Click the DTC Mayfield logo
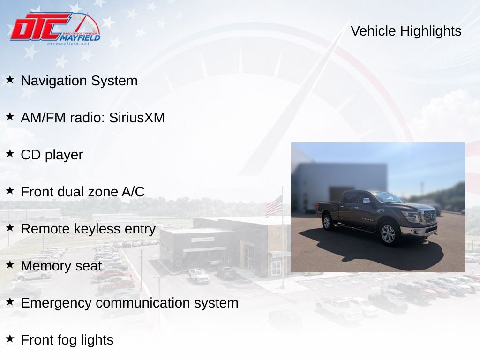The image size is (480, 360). [x=55, y=28]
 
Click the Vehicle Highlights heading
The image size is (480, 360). [x=406, y=31]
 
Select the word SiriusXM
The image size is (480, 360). [x=137, y=118]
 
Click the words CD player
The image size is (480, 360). [x=52, y=155]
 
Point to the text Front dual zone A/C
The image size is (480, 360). [x=82, y=192]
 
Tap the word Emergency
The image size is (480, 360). [x=56, y=303]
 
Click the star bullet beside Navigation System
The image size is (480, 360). [x=10, y=80]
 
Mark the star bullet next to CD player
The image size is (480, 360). [x=10, y=153]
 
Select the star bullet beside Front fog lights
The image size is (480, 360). [x=10, y=338]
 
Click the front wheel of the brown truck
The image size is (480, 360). [x=388, y=234]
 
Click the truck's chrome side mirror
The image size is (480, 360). [x=367, y=201]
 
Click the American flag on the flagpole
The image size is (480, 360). [x=273, y=206]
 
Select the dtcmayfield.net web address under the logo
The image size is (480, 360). [x=68, y=44]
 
